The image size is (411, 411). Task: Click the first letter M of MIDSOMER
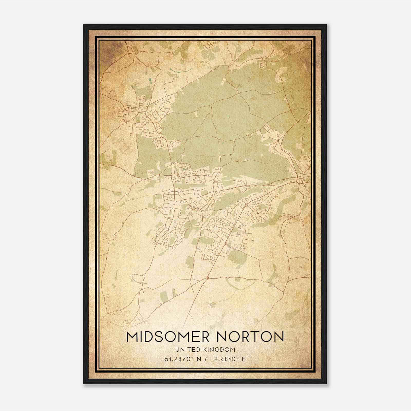coord(132,337)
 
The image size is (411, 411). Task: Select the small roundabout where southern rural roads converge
coord(208,278)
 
